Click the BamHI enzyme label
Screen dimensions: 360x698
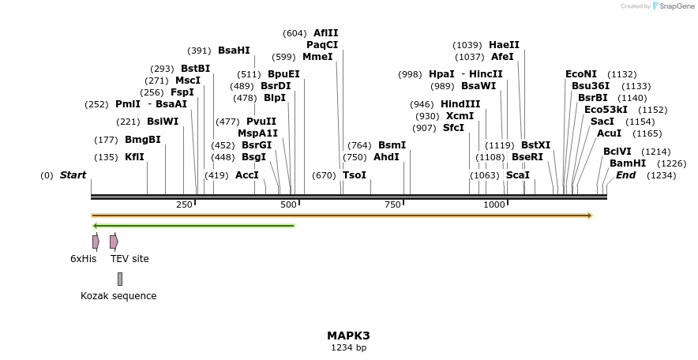tap(628, 163)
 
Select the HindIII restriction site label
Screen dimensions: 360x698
tap(460, 104)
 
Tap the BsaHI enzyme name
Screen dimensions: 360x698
tap(234, 51)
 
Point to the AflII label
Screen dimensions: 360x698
tap(325, 33)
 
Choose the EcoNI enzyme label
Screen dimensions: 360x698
tap(581, 74)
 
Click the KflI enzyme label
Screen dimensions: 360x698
tap(135, 157)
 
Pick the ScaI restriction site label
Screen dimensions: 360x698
tap(518, 175)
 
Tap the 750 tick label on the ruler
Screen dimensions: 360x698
tap(392, 204)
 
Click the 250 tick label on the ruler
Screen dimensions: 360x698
tap(184, 204)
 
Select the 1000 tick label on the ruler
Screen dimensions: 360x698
tap(494, 204)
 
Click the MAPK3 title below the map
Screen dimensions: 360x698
tap(348, 336)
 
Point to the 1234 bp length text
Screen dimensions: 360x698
tap(348, 347)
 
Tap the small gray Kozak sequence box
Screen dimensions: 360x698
tap(120, 279)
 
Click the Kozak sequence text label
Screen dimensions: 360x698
tap(118, 296)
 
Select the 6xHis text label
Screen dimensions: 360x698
tap(84, 258)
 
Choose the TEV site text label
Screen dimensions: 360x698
tap(129, 258)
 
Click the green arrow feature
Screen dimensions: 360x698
tap(193, 226)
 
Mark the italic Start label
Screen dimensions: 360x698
tap(73, 175)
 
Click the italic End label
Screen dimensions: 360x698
tap(626, 175)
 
